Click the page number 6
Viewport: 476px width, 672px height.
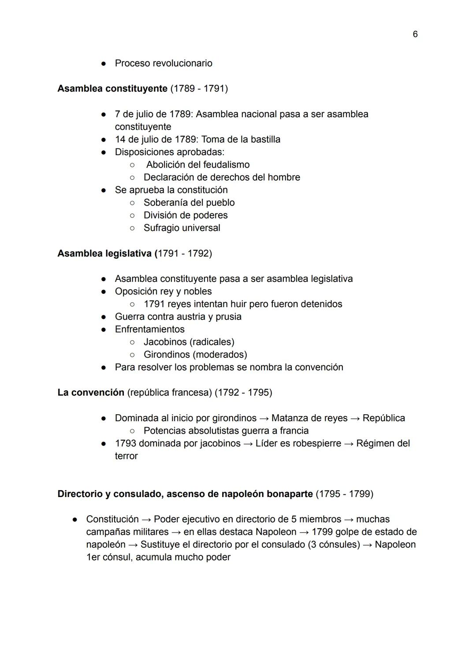pyautogui.click(x=415, y=34)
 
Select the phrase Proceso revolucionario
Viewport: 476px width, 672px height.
pyautogui.click(x=164, y=63)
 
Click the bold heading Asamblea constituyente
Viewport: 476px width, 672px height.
pyautogui.click(x=112, y=89)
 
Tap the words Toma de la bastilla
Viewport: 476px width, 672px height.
pyautogui.click(x=241, y=139)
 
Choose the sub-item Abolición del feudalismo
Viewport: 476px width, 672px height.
pyautogui.click(x=197, y=164)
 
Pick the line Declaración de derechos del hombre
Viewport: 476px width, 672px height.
pyautogui.click(x=222, y=177)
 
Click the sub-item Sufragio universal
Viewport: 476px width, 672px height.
pyautogui.click(x=182, y=228)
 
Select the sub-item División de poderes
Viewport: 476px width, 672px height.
pyautogui.click(x=186, y=215)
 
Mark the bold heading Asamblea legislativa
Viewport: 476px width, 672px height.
pyautogui.click(x=104, y=253)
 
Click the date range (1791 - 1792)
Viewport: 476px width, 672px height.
pyautogui.click(x=185, y=253)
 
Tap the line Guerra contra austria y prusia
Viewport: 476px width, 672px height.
pyautogui.click(x=178, y=316)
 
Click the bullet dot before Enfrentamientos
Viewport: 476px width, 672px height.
pyautogui.click(x=103, y=330)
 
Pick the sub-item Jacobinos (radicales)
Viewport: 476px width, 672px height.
pyautogui.click(x=189, y=342)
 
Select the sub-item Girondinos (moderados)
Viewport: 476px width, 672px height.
pyautogui.click(x=195, y=354)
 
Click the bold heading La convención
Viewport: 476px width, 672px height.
pyautogui.click(x=91, y=393)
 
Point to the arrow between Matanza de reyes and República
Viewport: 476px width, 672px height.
pyautogui.click(x=355, y=418)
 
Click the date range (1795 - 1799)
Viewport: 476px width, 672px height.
pyautogui.click(x=344, y=494)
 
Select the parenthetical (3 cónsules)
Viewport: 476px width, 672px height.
pyautogui.click(x=334, y=545)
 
